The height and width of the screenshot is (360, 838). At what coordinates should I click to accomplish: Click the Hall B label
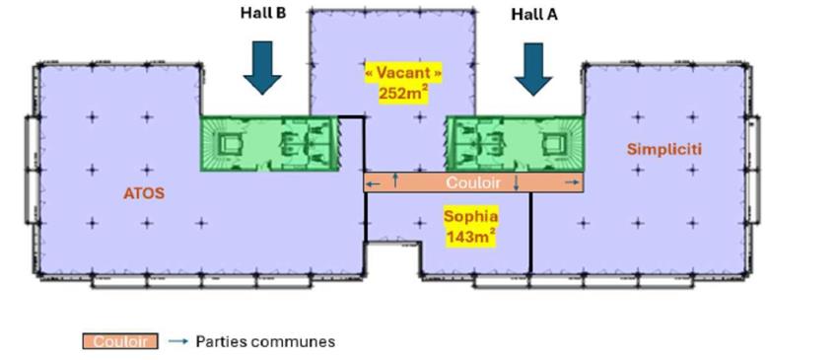click(261, 14)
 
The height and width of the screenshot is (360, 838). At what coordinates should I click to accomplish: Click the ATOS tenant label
click(145, 193)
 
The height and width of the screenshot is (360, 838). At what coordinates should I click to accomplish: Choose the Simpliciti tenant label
click(661, 148)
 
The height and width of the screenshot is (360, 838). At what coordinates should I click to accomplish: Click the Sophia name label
click(470, 214)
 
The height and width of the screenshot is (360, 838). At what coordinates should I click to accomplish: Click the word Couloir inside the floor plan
click(473, 182)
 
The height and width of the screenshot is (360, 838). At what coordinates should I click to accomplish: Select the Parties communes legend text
click(265, 341)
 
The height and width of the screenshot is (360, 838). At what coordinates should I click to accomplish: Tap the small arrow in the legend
click(177, 341)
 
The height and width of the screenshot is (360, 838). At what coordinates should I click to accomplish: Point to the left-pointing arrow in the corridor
click(374, 182)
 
